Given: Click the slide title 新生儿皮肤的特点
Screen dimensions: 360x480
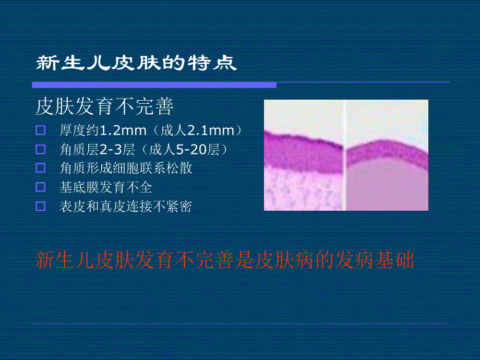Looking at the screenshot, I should click(136, 64).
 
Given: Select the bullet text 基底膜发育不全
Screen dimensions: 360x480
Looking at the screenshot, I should click(106, 187).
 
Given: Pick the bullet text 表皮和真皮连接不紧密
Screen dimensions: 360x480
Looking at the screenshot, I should click(126, 207).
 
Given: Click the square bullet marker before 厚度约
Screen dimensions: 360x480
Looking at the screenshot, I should click(41, 130).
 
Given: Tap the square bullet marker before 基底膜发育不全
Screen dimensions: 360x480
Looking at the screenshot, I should click(41, 187).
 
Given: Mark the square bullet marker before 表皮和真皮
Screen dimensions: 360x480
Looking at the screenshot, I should click(41, 206).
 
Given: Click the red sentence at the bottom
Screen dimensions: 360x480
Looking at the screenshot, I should click(224, 260).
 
